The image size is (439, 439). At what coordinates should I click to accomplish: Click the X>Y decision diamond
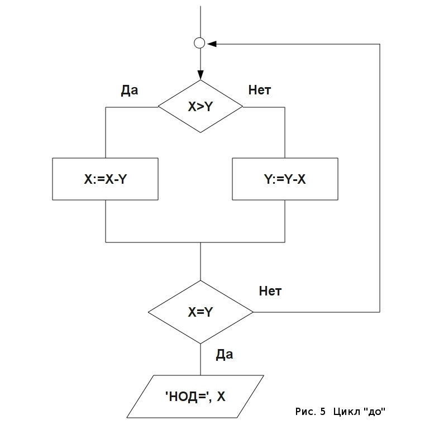point(201,106)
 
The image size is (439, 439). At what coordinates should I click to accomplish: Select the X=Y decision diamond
point(201,312)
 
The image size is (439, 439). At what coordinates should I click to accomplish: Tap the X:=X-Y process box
point(106,179)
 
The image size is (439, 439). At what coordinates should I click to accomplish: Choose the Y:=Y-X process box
point(285,179)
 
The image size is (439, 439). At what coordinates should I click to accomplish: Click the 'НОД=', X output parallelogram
point(195,397)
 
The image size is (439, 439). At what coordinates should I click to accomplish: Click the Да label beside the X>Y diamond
point(129,90)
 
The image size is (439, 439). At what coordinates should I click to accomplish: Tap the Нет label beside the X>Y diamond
point(259,90)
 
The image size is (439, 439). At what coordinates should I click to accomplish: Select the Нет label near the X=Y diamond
point(270,291)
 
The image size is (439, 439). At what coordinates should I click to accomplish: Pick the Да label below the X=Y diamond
point(225,354)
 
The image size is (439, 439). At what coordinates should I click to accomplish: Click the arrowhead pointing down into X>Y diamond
point(201,77)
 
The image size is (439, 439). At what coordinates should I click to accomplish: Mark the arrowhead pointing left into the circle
point(211,43)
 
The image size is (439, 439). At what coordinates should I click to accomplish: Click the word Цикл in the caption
point(346,412)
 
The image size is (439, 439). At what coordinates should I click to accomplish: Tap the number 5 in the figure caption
point(323,412)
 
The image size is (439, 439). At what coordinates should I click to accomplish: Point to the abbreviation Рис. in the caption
point(305,412)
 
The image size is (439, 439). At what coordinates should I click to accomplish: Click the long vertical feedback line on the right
point(380,179)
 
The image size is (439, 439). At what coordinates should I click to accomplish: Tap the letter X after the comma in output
point(221,397)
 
